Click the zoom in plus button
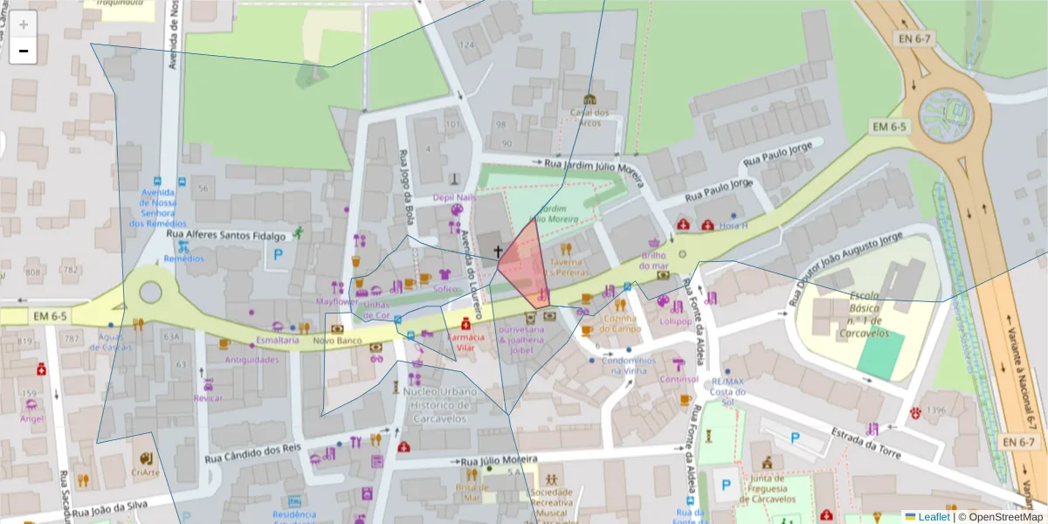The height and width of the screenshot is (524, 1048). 24,24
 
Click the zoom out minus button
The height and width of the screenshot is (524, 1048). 24,51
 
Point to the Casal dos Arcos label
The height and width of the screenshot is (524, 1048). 589,117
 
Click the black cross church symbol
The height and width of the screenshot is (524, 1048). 499,252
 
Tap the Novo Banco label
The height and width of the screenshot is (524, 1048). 337,340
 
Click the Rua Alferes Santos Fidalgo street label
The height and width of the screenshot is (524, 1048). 226,236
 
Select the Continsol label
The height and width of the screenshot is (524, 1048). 680,379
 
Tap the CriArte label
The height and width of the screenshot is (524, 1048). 145,472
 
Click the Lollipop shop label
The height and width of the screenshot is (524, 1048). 675,321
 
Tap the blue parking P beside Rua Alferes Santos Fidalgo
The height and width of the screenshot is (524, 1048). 279,255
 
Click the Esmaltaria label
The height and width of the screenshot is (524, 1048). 277,340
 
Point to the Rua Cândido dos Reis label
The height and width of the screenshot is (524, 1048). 253,454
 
